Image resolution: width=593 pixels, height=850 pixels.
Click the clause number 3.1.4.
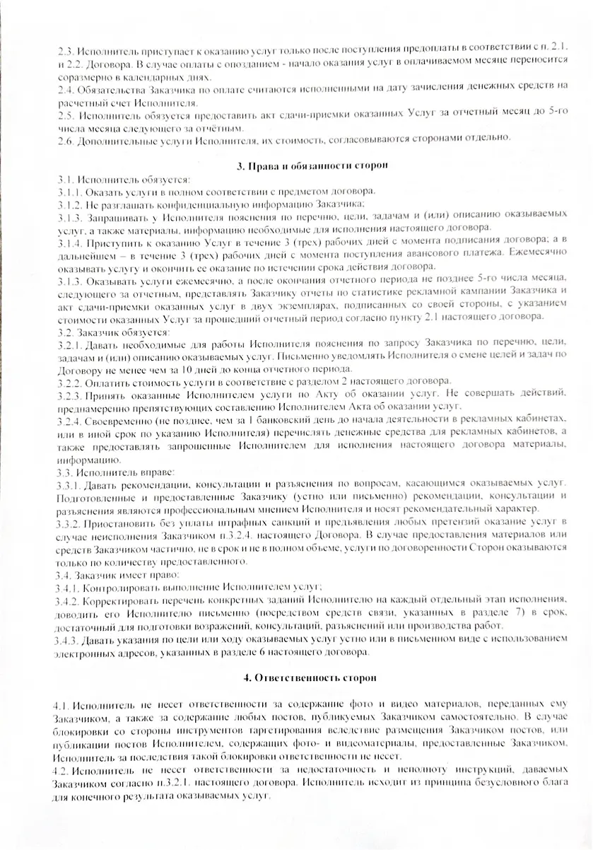[x=71, y=243]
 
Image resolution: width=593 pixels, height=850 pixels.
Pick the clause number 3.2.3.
[x=71, y=392]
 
